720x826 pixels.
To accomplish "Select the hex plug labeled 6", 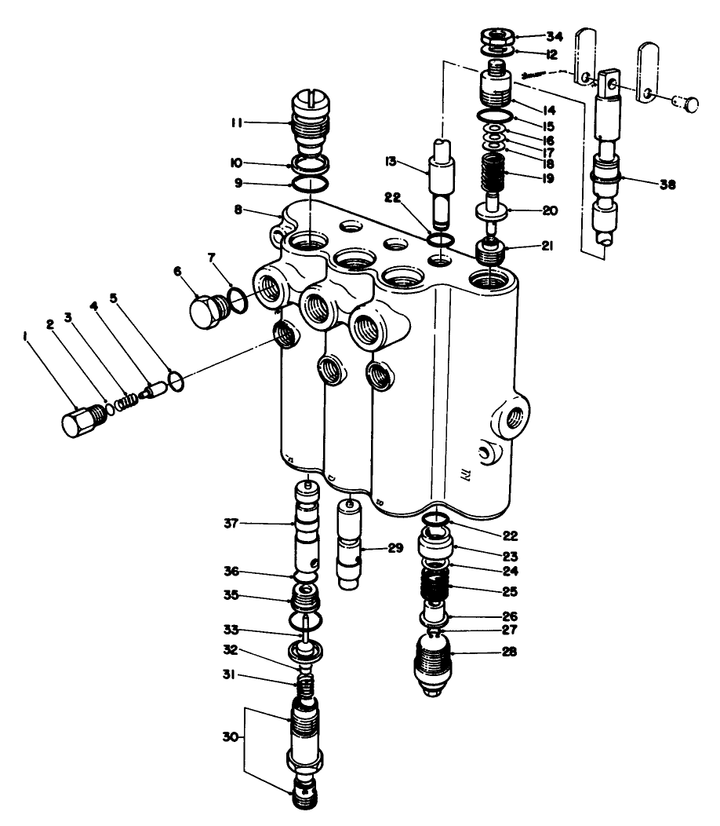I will coord(208,312).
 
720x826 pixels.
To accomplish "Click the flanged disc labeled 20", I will coord(493,210).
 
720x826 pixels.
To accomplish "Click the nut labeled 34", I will coord(496,37).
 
